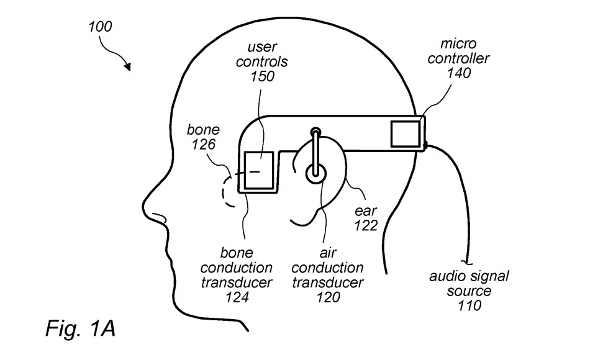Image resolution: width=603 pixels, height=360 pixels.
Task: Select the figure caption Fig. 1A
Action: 81,328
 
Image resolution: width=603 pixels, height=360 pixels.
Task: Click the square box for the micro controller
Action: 406,134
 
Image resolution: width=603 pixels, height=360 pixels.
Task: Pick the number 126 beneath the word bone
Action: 204,145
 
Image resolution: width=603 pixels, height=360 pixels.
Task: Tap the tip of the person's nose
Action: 143,204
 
